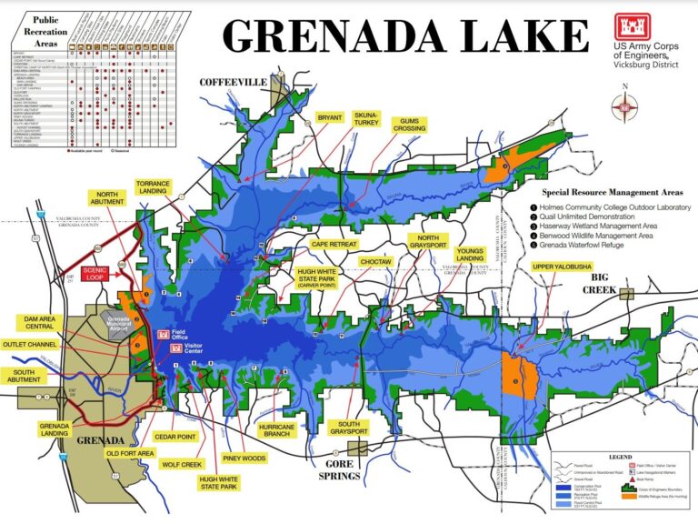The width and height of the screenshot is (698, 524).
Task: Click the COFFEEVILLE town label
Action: coord(234,83)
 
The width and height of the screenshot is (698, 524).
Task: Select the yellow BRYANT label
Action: coord(330,118)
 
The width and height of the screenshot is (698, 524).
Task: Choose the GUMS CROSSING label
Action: coord(410,125)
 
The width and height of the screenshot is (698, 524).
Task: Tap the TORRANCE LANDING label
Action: coord(153,187)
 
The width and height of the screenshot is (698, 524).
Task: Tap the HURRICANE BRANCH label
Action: coord(277,430)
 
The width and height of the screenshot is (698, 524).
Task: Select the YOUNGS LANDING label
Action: coord(471,256)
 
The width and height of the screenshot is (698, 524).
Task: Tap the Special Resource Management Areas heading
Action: coord(612,193)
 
